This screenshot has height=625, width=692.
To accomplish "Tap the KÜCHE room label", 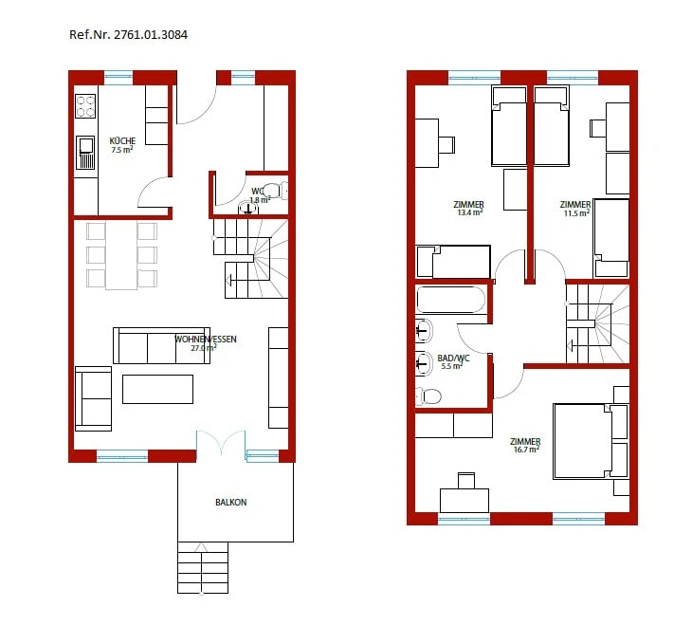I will point(122,140).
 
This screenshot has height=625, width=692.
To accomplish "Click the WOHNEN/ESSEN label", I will point(205,339).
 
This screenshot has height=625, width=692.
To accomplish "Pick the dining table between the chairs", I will point(121,253).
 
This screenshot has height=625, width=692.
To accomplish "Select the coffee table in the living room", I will point(157,389).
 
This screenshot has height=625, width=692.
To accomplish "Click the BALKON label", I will point(231,503).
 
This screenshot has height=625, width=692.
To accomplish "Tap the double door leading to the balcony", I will point(221,444).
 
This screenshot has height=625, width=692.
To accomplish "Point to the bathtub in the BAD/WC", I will point(450,300).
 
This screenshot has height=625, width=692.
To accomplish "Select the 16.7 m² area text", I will point(525,450).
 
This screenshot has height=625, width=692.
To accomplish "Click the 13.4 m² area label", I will point(470,212).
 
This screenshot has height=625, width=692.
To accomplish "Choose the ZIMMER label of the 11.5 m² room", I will point(574,204).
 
